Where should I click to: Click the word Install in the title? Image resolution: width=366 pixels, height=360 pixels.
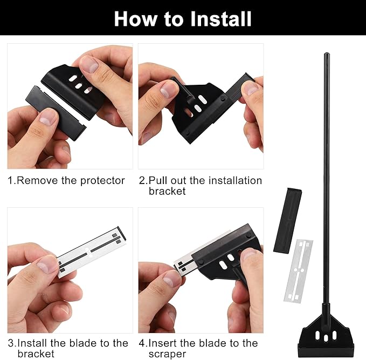coord(221,19)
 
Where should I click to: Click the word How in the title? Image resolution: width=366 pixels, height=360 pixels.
coord(135,19)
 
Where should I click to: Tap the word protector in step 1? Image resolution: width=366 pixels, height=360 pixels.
coord(102,181)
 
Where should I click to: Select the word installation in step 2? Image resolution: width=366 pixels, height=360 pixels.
coord(235,180)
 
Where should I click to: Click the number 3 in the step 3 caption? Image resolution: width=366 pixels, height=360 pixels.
coord(11,343)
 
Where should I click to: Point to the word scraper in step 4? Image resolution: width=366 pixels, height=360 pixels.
coord(167,354)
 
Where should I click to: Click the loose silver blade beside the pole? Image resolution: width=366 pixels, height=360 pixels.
coord(298,271)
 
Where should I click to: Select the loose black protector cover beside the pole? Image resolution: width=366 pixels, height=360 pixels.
coord(288,220)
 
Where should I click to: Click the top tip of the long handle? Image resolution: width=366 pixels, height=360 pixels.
coord(326,53)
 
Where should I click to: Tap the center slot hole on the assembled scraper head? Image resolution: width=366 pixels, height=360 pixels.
coord(326,338)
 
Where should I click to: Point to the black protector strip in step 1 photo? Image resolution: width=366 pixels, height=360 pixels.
coord(56,113)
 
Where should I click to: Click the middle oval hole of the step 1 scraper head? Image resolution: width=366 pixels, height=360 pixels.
coord(78,86)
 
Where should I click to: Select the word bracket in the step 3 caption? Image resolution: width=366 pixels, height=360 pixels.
coord(36,354)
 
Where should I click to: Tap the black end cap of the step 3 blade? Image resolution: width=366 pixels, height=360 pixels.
coord(122,233)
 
